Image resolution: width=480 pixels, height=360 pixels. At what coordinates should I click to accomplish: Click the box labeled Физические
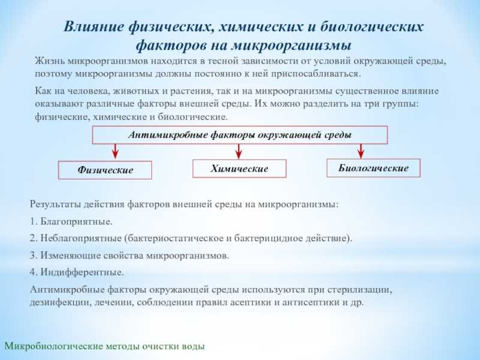(105, 170)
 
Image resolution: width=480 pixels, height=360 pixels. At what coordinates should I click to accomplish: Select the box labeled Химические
(239, 169)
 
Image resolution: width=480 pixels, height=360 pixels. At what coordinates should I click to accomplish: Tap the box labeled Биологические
(373, 168)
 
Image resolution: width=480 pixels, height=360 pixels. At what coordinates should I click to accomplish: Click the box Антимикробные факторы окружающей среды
(239, 135)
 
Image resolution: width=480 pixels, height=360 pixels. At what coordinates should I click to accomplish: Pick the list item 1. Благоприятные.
(71, 221)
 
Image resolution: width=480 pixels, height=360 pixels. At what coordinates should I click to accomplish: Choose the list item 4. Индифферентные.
(77, 272)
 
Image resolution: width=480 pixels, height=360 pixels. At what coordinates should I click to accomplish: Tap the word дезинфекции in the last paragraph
(59, 302)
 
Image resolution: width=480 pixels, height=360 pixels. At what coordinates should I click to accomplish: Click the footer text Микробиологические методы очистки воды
(105, 346)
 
